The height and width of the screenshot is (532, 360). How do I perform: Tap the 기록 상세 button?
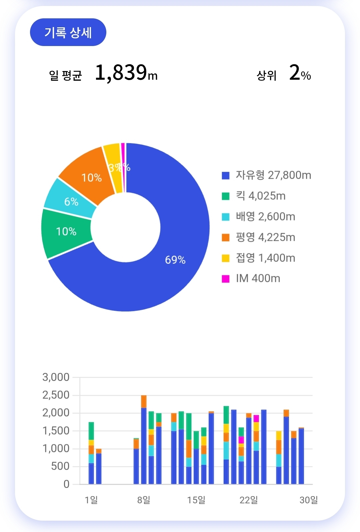(x=68, y=32)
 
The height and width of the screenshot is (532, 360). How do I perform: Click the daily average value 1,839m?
(x=126, y=73)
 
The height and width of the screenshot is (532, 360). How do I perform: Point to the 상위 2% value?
(x=300, y=73)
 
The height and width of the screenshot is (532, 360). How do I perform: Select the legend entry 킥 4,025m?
(x=260, y=196)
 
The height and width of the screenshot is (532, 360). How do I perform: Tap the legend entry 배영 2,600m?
(x=265, y=216)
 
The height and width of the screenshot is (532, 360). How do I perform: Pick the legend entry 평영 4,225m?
(x=265, y=237)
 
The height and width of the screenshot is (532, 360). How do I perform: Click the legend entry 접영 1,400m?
(x=265, y=258)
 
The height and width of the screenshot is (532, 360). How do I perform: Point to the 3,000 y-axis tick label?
(x=56, y=377)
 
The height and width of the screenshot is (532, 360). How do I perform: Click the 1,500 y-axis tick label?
(x=56, y=431)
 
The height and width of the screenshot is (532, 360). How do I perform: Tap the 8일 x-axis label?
(x=144, y=500)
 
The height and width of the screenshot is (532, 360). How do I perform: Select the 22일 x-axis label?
(x=249, y=500)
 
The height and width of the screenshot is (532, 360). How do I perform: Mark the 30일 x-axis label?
(x=309, y=500)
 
